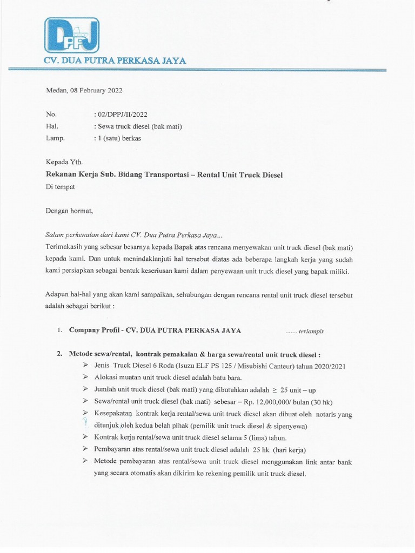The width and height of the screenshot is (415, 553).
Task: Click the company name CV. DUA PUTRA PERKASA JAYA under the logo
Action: tap(115, 61)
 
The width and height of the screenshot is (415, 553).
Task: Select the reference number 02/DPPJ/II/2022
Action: tap(122, 114)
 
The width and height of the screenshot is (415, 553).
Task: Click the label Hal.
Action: tap(52, 126)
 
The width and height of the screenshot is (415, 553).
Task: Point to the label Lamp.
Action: tap(56, 138)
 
